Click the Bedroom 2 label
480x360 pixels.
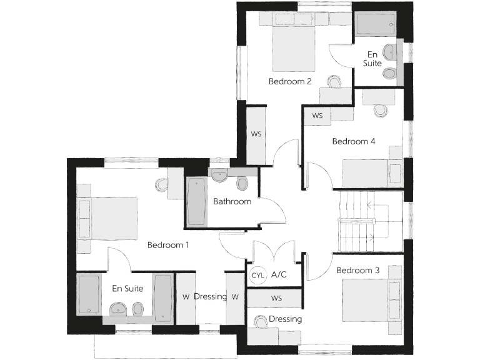[x=290, y=81]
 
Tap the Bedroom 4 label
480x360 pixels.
[x=354, y=141]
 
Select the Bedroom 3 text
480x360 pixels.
[x=358, y=271]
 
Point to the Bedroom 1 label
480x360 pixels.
[x=168, y=245]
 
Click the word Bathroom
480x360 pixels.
[x=232, y=201]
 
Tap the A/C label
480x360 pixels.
[x=279, y=275]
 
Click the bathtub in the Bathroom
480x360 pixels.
[x=196, y=202]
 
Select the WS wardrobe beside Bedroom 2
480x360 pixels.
[x=256, y=135]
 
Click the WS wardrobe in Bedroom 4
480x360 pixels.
[x=318, y=116]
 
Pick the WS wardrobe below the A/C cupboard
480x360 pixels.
[x=276, y=299]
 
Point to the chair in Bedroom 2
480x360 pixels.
[x=334, y=82]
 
